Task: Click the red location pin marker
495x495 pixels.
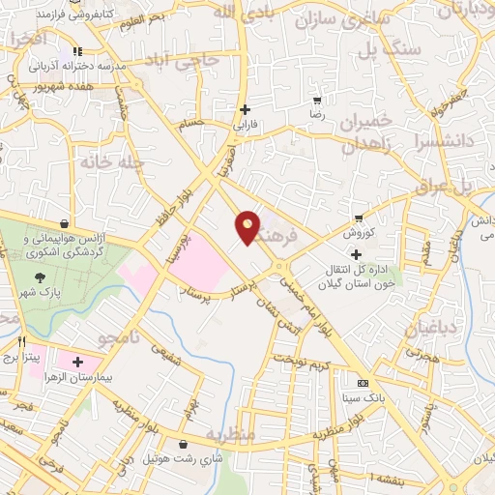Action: (248, 226)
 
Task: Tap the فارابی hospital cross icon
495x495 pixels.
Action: (246, 109)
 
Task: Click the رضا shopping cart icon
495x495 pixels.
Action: (317, 101)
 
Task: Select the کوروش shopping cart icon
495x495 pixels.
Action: (359, 218)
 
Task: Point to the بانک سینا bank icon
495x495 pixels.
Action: (363, 383)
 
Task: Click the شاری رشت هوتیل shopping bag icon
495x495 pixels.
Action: (183, 444)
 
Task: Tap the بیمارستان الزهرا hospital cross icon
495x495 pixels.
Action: (77, 362)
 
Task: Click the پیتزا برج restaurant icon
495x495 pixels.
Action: (22, 341)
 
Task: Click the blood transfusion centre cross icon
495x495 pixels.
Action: (356, 253)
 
